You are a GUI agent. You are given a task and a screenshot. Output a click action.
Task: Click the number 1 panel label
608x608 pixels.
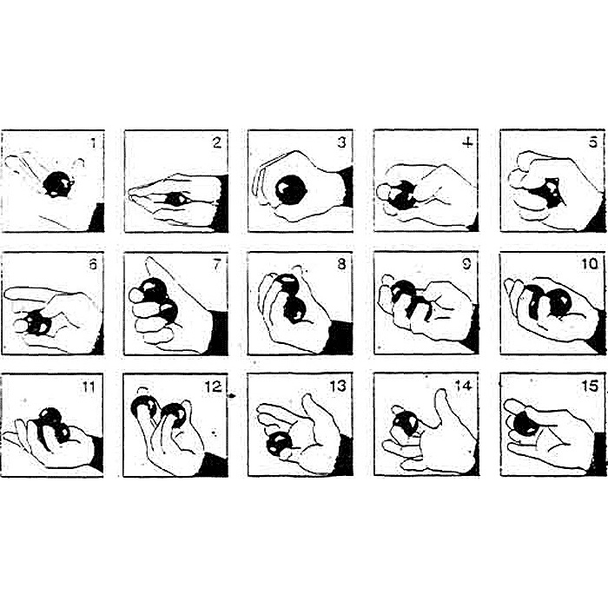coord(93,143)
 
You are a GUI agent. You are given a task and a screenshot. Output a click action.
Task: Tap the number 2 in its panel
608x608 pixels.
coord(217,143)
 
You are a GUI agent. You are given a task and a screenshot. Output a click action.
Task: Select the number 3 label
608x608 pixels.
coord(341,142)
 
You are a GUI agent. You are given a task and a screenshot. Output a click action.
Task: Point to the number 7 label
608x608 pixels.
coord(216,264)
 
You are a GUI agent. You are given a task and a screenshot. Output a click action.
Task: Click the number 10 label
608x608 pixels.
coord(590,264)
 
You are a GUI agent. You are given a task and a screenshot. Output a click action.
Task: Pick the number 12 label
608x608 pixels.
coord(214,387)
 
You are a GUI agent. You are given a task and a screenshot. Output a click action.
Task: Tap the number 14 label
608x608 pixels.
coord(463,386)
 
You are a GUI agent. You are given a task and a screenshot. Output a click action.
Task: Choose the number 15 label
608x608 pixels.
coord(590,387)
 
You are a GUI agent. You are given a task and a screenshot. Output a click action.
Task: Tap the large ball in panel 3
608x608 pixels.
coord(291,190)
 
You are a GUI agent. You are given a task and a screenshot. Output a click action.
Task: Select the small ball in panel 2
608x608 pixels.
coord(175,200)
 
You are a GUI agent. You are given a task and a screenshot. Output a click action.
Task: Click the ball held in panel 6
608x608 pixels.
coord(39,322)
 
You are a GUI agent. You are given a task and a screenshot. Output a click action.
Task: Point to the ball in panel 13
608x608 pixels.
coord(279,443)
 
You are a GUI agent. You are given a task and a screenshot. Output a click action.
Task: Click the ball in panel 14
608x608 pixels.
coord(406,424)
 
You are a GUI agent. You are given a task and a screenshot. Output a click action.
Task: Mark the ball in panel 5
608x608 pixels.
coord(547,193)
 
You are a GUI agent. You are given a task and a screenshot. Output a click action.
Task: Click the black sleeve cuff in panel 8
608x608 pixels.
coord(340,337)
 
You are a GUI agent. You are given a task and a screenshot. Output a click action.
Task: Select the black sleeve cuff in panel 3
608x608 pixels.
coord(347,187)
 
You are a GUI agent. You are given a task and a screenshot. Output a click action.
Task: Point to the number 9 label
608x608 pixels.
coord(466,264)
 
